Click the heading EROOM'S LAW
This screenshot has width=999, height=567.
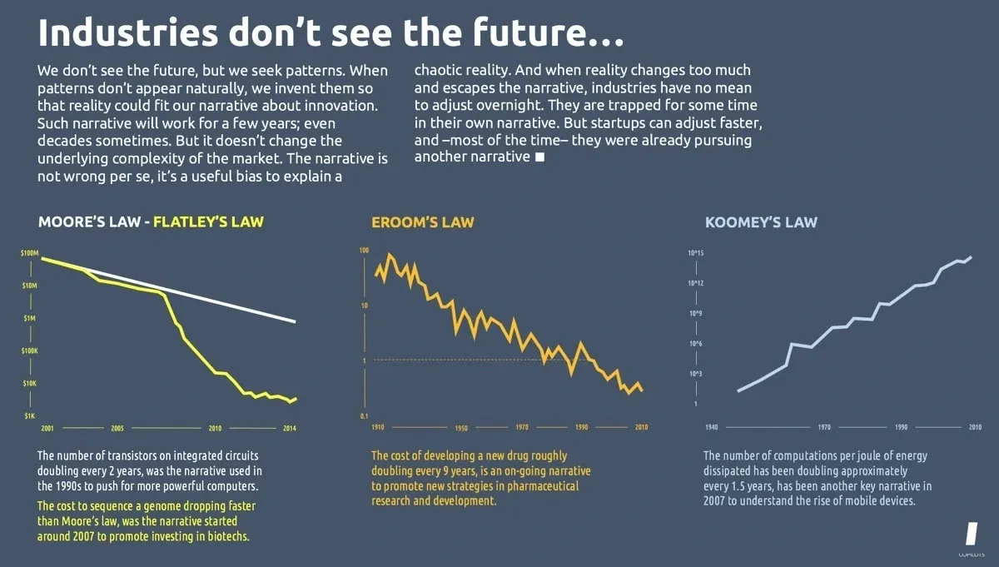[x=422, y=222]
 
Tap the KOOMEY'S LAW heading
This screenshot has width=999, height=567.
[x=761, y=222]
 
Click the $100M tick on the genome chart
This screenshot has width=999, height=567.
[x=30, y=251]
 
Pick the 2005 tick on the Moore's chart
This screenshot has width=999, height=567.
[x=117, y=428]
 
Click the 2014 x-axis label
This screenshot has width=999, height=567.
[x=289, y=428]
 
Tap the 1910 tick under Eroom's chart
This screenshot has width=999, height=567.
[x=377, y=427]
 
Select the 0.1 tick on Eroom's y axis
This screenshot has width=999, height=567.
[x=364, y=415]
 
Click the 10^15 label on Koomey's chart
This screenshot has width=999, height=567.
[x=696, y=252]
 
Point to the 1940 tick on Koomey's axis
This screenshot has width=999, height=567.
[x=711, y=427]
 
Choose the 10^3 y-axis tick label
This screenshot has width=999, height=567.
[x=696, y=374]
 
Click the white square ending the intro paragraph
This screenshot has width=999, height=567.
[x=539, y=157]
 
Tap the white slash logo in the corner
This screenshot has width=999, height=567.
[x=970, y=534]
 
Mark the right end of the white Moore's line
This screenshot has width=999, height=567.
[x=296, y=321]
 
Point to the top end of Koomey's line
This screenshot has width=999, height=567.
[x=972, y=257]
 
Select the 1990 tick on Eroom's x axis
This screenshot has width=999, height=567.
[x=581, y=427]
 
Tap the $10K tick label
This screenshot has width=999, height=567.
[x=30, y=383]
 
